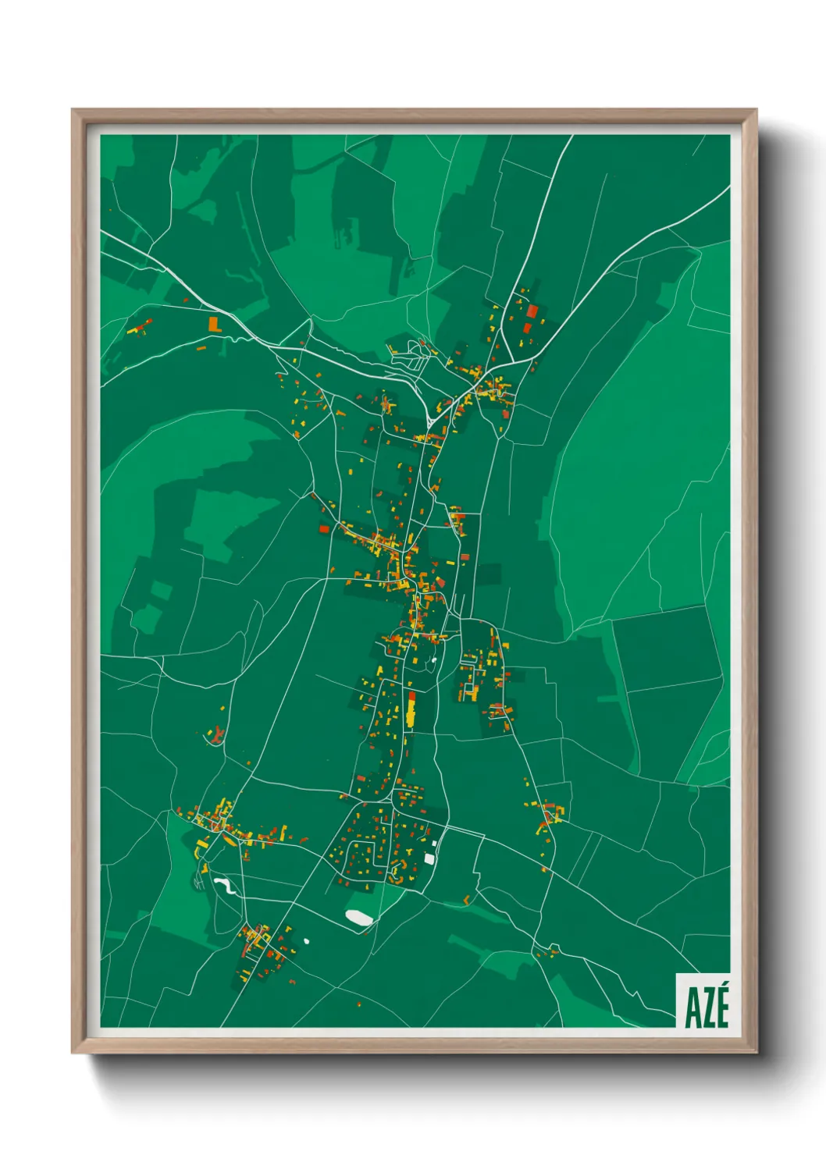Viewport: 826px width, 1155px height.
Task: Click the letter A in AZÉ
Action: (691, 1008)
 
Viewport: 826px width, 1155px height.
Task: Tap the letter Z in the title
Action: (706, 1008)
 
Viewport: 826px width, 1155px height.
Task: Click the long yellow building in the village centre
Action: (411, 713)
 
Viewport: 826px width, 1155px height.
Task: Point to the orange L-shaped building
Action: (214, 322)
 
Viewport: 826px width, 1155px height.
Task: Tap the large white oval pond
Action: (359, 918)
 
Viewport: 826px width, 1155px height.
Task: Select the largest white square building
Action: (429, 858)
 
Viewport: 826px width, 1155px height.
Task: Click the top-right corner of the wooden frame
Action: (755, 111)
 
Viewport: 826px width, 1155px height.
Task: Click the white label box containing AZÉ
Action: (703, 1000)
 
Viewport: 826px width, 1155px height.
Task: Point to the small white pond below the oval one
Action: (307, 940)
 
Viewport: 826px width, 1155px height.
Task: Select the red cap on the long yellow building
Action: (411, 695)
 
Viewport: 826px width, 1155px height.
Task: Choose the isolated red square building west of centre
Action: (324, 529)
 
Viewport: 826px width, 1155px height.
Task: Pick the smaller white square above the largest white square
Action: (434, 843)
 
